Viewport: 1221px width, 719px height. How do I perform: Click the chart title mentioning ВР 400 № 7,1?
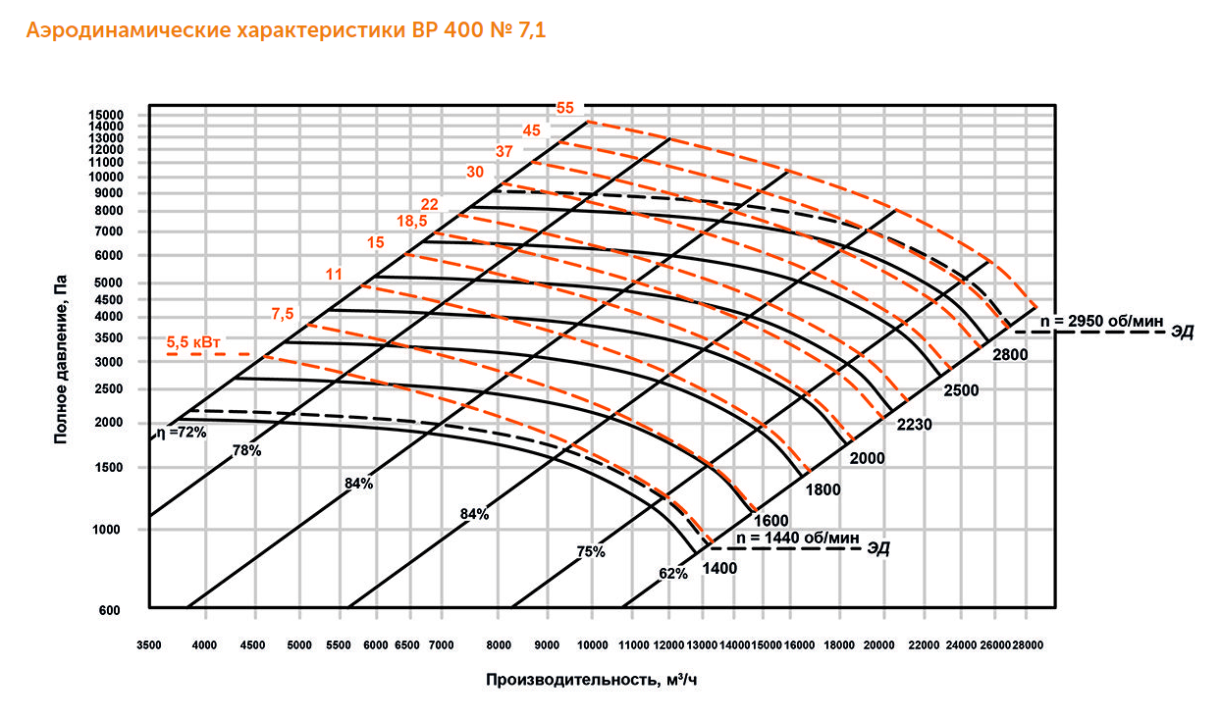point(286,31)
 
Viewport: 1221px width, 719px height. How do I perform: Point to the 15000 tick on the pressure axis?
point(105,115)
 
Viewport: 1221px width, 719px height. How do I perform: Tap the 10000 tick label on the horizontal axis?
point(592,645)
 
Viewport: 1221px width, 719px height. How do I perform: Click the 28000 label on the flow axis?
point(1028,645)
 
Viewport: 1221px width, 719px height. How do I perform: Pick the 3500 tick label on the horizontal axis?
point(149,645)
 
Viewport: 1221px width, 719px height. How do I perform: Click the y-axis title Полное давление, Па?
point(61,359)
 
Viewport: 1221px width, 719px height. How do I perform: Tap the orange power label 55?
point(564,108)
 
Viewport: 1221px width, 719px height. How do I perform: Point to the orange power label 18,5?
point(410,222)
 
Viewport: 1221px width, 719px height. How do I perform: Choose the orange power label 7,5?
point(283,313)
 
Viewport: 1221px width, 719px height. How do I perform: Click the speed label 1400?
point(719,567)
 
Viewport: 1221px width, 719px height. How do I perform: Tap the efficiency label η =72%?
point(179,432)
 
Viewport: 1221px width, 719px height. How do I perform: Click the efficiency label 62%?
point(672,574)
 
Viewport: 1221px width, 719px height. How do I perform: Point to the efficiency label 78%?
point(246,451)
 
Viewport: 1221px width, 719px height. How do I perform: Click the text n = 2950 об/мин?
point(1100,320)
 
